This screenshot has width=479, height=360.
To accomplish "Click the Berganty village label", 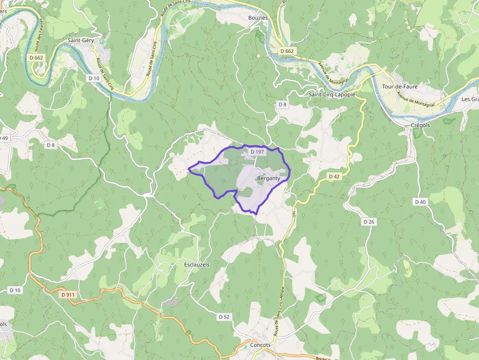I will (x=268, y=179).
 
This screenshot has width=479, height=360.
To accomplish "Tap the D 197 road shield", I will (x=257, y=152).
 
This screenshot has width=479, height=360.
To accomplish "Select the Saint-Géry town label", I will (x=81, y=41).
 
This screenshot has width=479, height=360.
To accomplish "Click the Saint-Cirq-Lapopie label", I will (x=331, y=94).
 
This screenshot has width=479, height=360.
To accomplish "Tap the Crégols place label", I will (x=420, y=125).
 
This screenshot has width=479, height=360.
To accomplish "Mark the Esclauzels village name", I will (x=196, y=265).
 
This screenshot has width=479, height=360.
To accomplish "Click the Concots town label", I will (x=260, y=345).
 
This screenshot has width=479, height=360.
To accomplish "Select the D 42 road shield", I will (x=334, y=176).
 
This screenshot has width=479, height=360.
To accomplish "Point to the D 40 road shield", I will (x=420, y=202).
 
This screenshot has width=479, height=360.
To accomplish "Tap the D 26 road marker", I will (x=369, y=222).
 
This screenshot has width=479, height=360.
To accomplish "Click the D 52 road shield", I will (x=224, y=317).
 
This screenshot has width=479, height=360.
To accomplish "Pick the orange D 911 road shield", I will (x=68, y=295).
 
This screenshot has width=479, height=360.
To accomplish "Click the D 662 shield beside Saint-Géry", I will (x=36, y=58).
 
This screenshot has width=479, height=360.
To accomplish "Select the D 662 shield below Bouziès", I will (x=287, y=51).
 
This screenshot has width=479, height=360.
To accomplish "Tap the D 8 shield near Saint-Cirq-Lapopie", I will (x=283, y=105).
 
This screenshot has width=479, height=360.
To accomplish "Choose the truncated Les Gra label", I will (x=470, y=99).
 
